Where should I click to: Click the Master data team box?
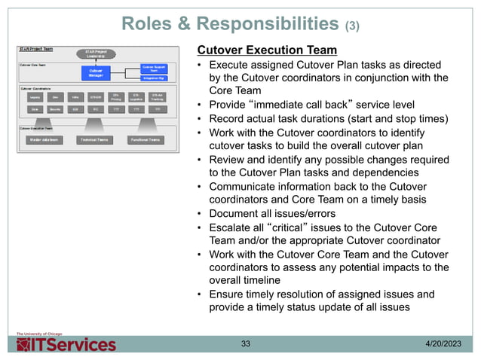pos(46,139)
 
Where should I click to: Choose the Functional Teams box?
pos(146,139)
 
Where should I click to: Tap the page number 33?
pos(246,344)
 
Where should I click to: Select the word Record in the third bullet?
pos(227,117)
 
